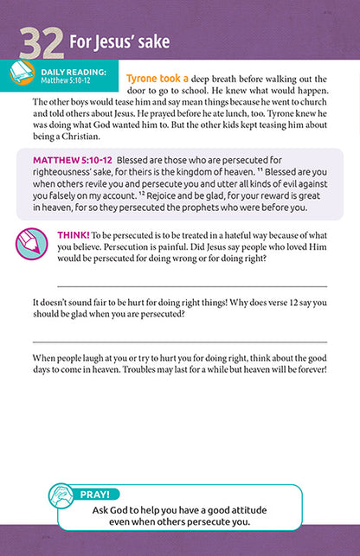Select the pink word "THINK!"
coord(71,234)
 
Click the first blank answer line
coord(191,285)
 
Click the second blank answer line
coord(191,342)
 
